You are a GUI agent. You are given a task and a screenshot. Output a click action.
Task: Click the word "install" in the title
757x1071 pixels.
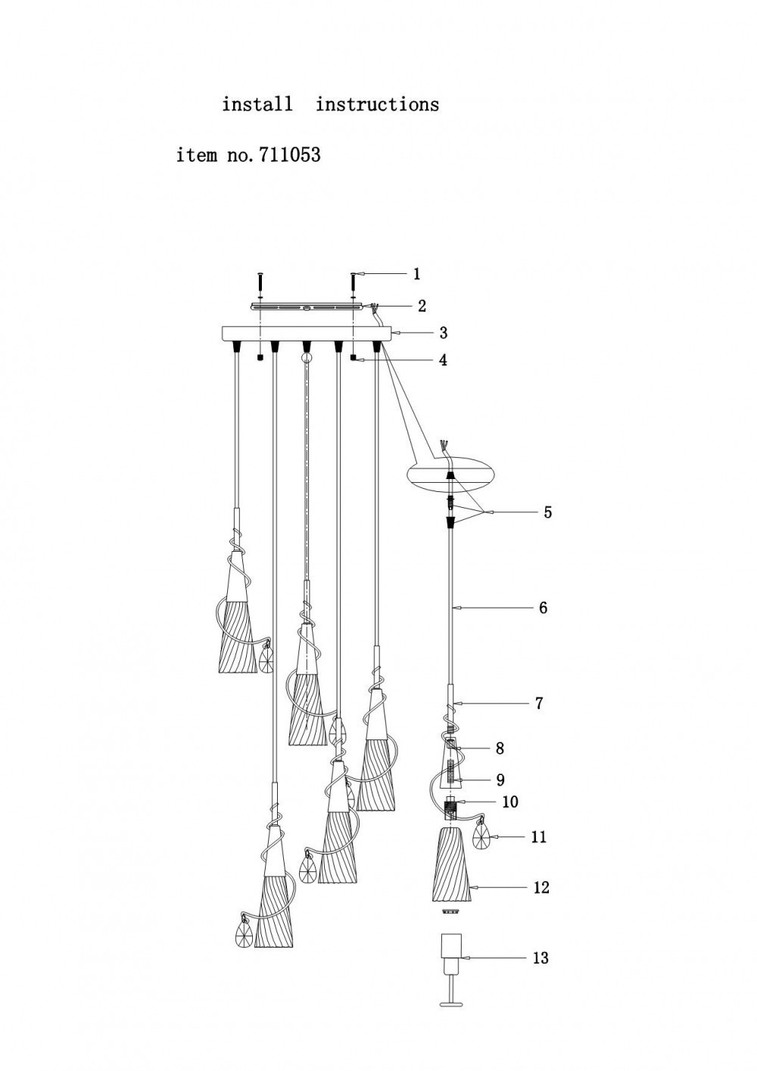(x=257, y=104)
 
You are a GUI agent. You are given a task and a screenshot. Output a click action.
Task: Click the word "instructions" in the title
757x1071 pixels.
(x=377, y=104)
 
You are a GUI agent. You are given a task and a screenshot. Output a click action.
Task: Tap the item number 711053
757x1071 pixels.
(x=290, y=155)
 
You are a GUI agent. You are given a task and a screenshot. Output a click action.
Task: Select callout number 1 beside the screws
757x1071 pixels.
(x=416, y=274)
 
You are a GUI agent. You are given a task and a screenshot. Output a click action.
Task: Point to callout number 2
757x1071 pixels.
(x=422, y=306)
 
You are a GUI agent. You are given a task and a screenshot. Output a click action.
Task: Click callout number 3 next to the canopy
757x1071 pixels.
(x=443, y=333)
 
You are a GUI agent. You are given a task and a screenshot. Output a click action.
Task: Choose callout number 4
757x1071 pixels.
(x=443, y=360)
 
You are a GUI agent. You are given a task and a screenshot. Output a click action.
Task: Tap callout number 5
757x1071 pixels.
(x=547, y=512)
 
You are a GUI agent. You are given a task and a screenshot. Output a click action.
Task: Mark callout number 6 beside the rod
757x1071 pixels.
(x=543, y=607)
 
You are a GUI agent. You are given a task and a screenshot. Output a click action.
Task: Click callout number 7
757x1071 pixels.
(x=539, y=703)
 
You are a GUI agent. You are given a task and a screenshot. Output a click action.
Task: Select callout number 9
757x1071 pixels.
(x=500, y=780)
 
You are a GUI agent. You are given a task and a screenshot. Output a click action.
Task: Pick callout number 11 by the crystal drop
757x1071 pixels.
(x=539, y=837)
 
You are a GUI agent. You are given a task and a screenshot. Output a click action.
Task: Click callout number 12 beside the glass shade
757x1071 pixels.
(x=540, y=887)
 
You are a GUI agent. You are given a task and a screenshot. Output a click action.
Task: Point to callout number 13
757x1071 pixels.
(x=540, y=958)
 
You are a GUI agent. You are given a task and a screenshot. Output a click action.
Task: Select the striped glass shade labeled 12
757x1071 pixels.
(x=453, y=867)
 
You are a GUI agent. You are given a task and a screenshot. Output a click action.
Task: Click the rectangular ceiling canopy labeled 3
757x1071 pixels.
(x=307, y=333)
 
